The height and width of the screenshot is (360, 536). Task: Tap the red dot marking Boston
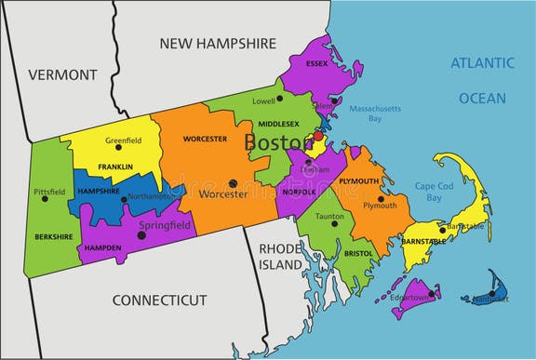tap(317, 136)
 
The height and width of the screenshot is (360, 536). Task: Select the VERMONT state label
tap(62, 74)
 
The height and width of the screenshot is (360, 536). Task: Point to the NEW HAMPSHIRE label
tap(218, 43)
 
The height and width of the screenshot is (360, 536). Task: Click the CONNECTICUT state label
tap(159, 300)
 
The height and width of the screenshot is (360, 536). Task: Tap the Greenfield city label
tap(123, 141)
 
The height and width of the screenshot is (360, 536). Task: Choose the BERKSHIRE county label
tap(54, 237)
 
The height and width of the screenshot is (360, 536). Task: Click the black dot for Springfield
tap(141, 235)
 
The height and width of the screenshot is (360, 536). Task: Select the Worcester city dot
tap(234, 183)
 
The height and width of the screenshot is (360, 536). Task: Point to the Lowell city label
tap(263, 100)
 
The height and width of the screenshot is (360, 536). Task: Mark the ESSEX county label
tap(316, 64)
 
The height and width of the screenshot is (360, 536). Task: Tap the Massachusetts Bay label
tap(379, 113)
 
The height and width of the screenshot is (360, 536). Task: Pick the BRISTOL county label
tap(357, 253)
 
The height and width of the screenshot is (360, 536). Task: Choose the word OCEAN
tap(481, 98)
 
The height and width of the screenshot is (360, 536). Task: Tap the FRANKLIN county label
tap(114, 167)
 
